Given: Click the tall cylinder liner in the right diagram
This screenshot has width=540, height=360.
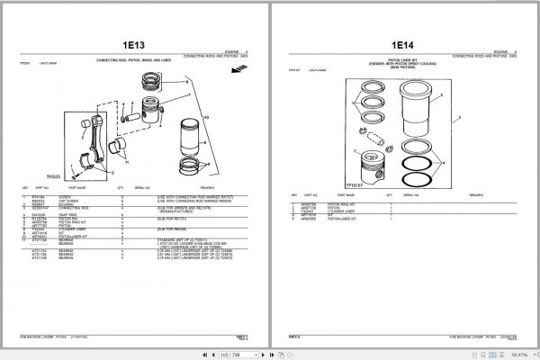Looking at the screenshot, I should click(416, 117).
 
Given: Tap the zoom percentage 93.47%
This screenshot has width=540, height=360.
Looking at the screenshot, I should click(520, 353).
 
